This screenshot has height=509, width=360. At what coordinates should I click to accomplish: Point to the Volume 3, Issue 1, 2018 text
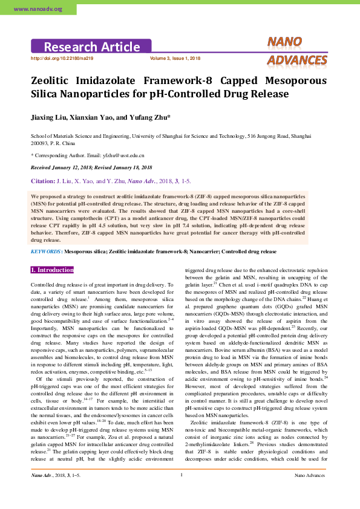[175, 58]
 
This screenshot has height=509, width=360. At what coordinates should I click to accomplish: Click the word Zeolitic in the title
[53, 80]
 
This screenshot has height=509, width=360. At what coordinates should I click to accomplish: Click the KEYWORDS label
[46, 251]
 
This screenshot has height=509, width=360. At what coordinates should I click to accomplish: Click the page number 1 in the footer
[181, 491]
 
